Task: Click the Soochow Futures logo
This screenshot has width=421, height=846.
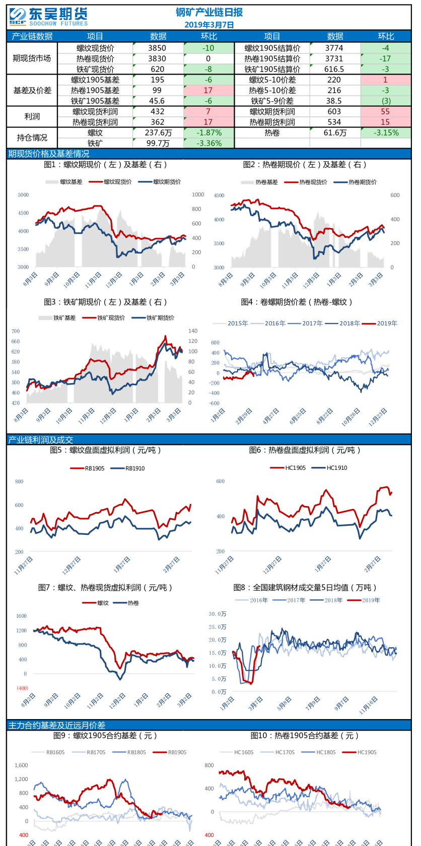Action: point(48,17)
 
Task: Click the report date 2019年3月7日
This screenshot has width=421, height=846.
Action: point(209,25)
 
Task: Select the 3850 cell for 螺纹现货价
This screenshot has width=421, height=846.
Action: point(157,48)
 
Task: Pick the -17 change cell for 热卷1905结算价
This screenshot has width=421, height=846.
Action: point(385,58)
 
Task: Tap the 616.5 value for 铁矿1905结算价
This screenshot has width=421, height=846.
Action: point(334,69)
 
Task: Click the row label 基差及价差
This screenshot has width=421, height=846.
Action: point(32,90)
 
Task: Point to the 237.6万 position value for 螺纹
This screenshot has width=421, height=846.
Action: point(158,132)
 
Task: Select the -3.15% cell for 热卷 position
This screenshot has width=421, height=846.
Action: point(386,132)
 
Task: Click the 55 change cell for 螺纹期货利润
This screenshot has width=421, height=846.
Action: point(385,111)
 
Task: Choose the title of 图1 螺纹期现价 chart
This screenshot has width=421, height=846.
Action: point(105,165)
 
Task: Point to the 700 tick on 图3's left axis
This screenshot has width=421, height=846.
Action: point(16,331)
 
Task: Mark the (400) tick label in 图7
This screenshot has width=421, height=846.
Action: point(22,688)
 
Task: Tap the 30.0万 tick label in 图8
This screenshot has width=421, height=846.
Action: point(218,614)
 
